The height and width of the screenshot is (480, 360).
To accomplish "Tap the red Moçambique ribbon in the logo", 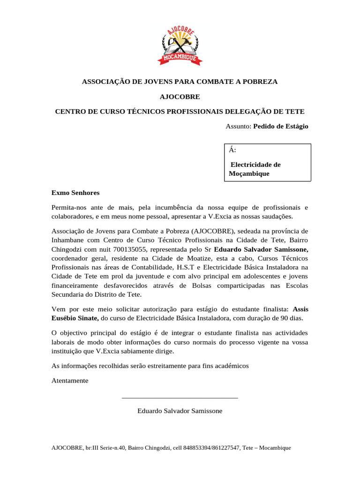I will [180, 58].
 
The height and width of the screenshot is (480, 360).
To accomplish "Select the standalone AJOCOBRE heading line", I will [180, 97].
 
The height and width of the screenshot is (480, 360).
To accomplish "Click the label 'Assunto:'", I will [239, 127].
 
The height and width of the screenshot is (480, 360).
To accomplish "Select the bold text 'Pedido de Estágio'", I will [281, 127].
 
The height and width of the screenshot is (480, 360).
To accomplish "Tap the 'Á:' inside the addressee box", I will [232, 150].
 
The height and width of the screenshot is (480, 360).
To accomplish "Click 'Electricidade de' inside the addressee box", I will [256, 165].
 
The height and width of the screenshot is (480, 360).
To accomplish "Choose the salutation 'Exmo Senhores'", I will [75, 193].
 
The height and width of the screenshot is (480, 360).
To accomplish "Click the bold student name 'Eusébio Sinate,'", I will [74, 318].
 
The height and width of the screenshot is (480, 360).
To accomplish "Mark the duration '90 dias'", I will [291, 318].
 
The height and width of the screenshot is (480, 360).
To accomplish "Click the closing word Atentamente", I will [70, 381].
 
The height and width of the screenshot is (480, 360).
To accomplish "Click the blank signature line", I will [180, 397].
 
